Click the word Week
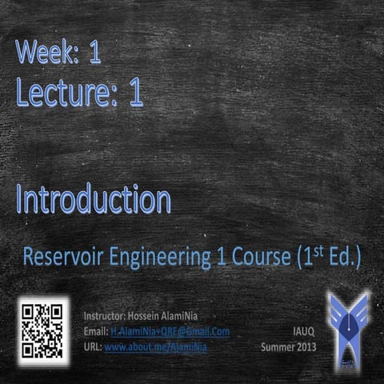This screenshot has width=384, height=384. pos(46,54)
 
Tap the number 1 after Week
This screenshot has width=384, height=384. pos(95,54)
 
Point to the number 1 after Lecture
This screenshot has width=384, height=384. pos(135,94)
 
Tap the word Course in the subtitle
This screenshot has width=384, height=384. pos(254,258)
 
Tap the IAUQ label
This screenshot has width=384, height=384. pos(302,330)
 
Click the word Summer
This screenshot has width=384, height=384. pos(280,346)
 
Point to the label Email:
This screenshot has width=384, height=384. pos(96,331)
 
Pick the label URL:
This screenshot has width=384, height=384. pos(93,346)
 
